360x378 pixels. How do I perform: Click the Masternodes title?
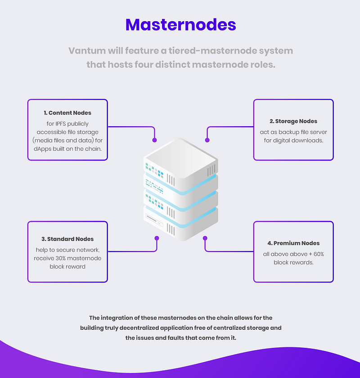pos(180,25)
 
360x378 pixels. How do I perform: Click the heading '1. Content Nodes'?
pos(67,113)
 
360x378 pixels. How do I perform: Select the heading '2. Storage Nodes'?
pos(293,121)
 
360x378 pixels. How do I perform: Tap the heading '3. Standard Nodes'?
pos(67,239)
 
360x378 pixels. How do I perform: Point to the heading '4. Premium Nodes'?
pos(293,243)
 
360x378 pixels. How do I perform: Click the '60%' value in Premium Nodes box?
pos(319,254)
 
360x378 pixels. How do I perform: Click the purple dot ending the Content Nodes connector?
pos(155,140)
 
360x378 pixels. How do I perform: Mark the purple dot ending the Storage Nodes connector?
pos(207,140)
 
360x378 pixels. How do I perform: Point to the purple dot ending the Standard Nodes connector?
pos(157,238)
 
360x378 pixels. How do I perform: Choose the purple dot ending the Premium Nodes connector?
pos(205,238)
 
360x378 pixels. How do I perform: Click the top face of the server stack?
pos(181,158)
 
